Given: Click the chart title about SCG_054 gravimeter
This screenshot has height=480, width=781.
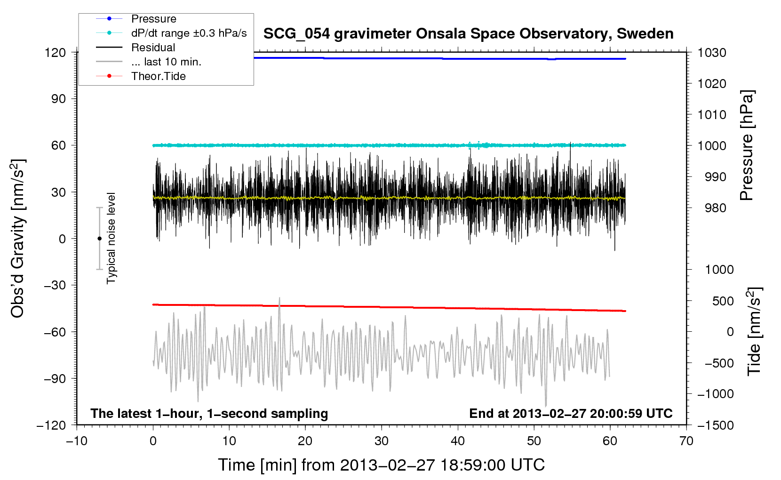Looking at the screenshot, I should pyautogui.click(x=468, y=34).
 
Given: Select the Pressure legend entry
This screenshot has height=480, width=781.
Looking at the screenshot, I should pyautogui.click(x=153, y=19).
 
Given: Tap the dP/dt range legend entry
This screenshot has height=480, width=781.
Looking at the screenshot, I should pyautogui.click(x=189, y=33).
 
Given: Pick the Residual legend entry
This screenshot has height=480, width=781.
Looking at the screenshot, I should pyautogui.click(x=153, y=48).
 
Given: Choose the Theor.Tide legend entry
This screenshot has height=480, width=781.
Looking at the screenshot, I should pyautogui.click(x=158, y=76).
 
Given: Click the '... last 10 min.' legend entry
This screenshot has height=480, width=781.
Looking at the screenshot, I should pyautogui.click(x=166, y=62).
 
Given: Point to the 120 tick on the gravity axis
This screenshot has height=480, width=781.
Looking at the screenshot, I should pyautogui.click(x=55, y=52).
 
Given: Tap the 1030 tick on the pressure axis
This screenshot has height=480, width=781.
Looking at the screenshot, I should pyautogui.click(x=712, y=53).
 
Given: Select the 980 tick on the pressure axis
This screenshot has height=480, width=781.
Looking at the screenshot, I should pyautogui.click(x=715, y=208).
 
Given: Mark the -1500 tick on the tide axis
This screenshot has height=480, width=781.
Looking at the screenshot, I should pyautogui.click(x=715, y=425).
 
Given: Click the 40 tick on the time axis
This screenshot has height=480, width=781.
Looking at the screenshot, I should pyautogui.click(x=458, y=441).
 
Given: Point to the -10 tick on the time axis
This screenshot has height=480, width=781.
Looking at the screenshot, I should pyautogui.click(x=77, y=441).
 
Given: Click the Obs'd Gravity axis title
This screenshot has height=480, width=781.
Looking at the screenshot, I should pyautogui.click(x=18, y=239).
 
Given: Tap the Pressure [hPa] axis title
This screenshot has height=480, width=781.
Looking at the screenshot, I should pyautogui.click(x=747, y=145).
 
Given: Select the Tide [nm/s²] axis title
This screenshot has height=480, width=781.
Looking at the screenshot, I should pyautogui.click(x=754, y=331).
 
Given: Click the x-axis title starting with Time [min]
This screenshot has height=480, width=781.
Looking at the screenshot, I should pyautogui.click(x=381, y=465).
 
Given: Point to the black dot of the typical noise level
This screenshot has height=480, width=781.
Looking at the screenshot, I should pyautogui.click(x=99, y=239).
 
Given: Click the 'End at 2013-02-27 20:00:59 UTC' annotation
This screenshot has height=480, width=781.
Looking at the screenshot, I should pyautogui.click(x=571, y=414).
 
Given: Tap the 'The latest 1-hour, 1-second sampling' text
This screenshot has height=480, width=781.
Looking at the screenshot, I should pyautogui.click(x=209, y=414).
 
